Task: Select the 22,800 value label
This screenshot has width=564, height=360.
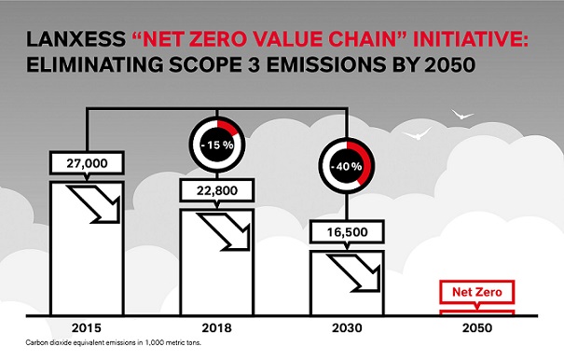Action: coord(216,190)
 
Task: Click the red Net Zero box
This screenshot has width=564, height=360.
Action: coord(476,293)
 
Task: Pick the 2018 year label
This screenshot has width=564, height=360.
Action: coord(216,327)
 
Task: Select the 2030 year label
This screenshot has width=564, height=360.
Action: coord(347,327)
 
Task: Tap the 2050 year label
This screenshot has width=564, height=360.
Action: coord(476,327)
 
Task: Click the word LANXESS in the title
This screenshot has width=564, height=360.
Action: coord(79,41)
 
